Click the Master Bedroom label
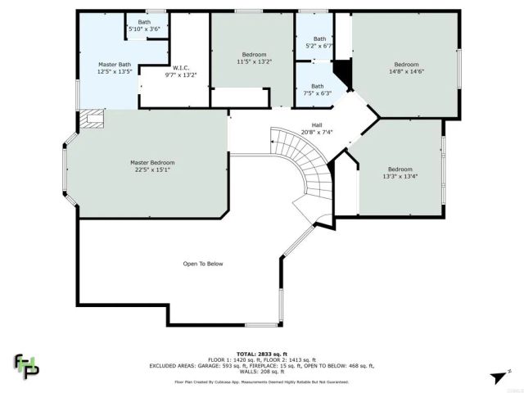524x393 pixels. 152,162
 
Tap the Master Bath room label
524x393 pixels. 114,64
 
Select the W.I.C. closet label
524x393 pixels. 182,68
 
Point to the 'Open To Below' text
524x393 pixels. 203,264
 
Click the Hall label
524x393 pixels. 316,124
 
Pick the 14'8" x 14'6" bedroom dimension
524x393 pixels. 406,71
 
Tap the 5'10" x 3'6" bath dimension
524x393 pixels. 144,29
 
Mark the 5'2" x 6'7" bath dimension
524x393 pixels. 319,46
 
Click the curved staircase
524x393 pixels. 307,164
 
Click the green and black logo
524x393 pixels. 26,365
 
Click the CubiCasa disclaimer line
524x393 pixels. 261,381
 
